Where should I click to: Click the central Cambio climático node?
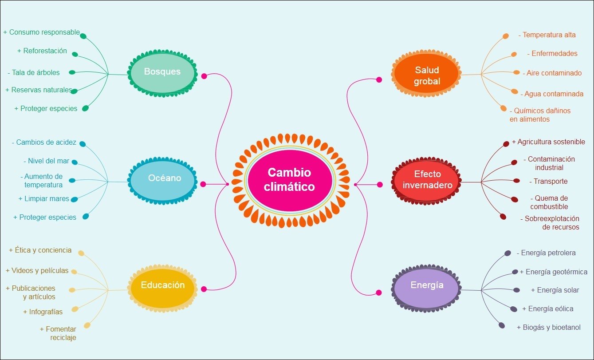(289, 179)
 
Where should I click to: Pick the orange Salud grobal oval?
(427, 75)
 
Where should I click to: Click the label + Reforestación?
(42, 51)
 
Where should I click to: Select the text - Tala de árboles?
(34, 72)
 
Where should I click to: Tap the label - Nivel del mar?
(46, 161)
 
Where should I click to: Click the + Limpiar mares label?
(44, 199)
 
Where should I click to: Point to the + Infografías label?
(43, 312)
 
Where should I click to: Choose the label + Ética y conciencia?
(40, 250)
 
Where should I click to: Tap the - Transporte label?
(548, 182)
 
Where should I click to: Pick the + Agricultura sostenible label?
(548, 142)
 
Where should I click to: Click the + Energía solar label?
(555, 290)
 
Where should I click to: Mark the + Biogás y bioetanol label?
(549, 328)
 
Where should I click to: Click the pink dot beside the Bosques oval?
(204, 76)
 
